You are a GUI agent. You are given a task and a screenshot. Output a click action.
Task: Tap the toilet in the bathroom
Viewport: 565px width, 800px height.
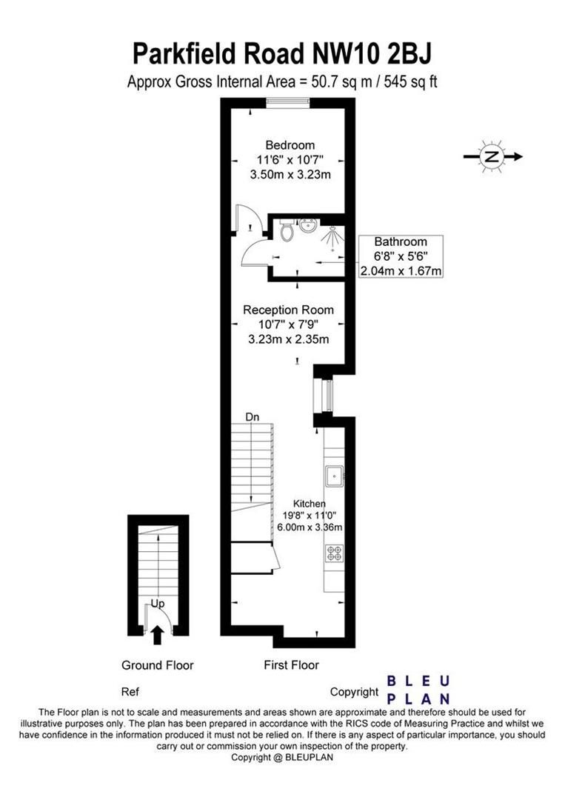(287, 231)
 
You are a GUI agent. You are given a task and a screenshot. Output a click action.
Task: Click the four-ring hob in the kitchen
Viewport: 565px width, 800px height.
(333, 553)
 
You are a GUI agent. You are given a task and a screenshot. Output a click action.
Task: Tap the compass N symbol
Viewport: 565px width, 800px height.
(491, 156)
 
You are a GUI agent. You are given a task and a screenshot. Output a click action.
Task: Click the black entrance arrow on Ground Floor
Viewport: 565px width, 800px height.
(158, 633)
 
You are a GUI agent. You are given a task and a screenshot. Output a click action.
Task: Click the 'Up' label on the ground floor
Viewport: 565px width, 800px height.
(158, 604)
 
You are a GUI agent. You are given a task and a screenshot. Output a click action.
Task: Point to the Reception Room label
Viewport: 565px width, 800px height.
(289, 310)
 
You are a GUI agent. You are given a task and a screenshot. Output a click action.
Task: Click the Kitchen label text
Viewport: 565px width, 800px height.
(309, 503)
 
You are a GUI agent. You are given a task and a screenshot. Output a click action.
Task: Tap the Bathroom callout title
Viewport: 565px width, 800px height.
(400, 241)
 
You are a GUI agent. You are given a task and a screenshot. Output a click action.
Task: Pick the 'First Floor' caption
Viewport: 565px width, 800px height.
(292, 665)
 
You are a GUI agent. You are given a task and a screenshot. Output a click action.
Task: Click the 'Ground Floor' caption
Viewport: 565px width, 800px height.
(158, 665)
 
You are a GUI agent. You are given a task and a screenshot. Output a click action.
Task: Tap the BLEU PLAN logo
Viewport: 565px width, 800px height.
(419, 689)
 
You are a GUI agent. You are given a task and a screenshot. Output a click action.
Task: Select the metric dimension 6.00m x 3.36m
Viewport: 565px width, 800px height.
(309, 527)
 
